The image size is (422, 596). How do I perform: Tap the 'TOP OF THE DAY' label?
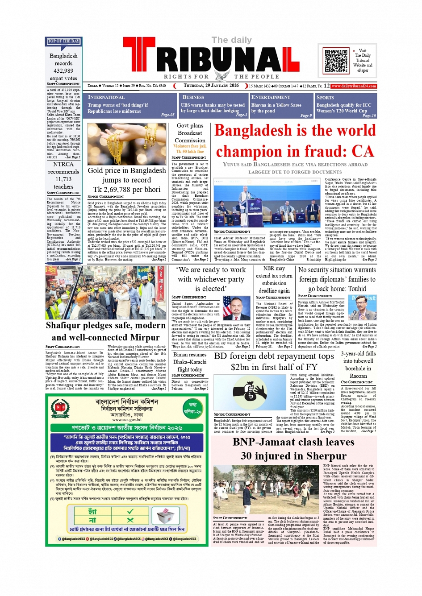coord(63,41)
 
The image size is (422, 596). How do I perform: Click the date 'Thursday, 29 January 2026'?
coord(211,86)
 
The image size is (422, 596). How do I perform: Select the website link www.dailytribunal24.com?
coord(354,86)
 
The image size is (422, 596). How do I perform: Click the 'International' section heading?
coord(106,97)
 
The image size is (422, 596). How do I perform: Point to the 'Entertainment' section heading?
coord(271,97)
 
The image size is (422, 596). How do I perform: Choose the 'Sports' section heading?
coord(325,97)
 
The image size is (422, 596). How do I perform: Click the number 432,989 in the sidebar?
coord(63,70)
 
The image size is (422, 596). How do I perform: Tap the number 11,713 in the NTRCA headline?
coord(63,179)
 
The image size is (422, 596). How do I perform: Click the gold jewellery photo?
coord(127,144)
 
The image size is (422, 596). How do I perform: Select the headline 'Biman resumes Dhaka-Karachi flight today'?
coord(190,362)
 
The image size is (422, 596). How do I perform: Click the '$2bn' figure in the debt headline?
coord(244,367)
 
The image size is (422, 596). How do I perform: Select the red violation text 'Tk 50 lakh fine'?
coord(190,152)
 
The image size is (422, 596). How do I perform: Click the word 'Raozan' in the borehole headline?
coord(358,376)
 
